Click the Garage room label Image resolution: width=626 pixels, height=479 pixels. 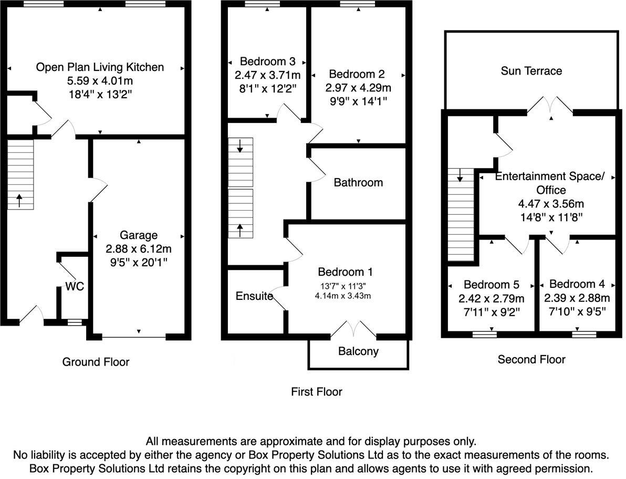139,235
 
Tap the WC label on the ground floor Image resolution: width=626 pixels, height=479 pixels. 75,286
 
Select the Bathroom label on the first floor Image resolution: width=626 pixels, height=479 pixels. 358,182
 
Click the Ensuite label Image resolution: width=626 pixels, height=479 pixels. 254,296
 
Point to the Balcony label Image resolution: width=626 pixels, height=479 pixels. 358,351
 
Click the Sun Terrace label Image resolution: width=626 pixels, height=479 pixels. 531,71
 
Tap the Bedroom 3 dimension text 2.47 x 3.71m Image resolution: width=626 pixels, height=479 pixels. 267,75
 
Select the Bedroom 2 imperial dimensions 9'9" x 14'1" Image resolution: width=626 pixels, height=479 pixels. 359,101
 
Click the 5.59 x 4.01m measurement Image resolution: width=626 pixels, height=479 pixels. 100,81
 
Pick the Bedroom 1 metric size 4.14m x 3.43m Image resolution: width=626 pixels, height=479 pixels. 342,296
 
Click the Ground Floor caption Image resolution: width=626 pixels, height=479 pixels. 96,362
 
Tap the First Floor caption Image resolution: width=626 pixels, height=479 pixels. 317,392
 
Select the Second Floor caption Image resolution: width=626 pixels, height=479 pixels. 531,359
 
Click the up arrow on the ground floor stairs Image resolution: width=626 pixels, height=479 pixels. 19,201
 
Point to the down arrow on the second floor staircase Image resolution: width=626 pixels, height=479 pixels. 460,175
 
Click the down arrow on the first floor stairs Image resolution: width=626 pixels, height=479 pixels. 240,146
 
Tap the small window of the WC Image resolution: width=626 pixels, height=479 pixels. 74,322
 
